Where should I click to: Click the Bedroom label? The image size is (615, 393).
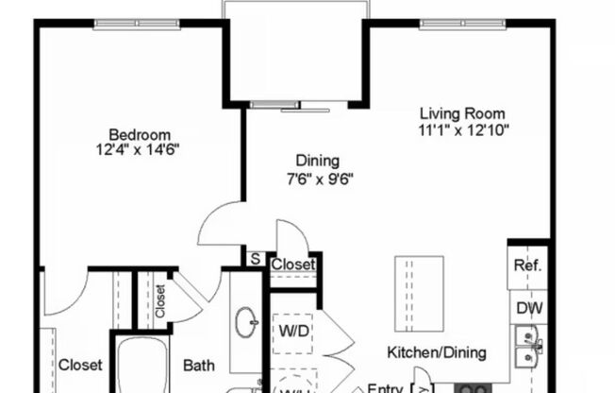coord(139,133)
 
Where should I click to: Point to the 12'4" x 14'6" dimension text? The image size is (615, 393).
coord(139,149)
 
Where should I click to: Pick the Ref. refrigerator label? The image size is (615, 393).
coord(527,265)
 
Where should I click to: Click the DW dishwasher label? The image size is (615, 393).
coord(527,307)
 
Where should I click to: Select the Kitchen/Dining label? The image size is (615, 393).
coord(437,353)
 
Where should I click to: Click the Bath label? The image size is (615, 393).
coord(199,365)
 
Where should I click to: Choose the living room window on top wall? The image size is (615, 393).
coord(458,23)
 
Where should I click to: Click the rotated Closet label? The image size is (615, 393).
coord(160,300)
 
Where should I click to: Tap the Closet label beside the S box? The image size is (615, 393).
coord(293,265)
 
